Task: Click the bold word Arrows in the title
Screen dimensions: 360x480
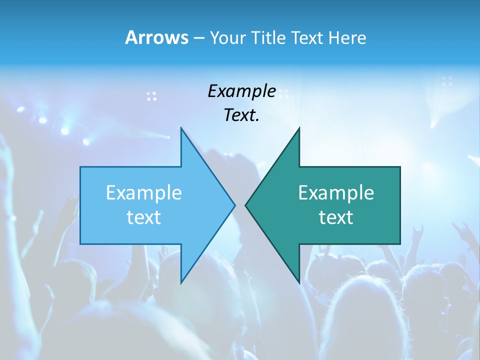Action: pos(156,37)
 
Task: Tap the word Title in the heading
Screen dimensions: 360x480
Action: pos(268,37)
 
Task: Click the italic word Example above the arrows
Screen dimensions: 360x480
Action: pos(241,91)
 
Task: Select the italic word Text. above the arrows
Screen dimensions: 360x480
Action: pos(241,115)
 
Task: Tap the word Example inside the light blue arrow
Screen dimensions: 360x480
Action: pos(143,192)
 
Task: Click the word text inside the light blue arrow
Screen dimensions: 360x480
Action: pos(143,217)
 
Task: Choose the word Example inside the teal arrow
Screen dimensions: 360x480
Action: pos(336,192)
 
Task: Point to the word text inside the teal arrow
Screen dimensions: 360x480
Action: pos(336,217)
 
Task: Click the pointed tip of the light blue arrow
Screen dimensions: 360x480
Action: pos(234,205)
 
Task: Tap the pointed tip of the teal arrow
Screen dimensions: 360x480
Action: pos(246,205)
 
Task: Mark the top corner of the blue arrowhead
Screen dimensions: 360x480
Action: pos(181,128)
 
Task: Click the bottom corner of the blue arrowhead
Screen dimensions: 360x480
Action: pos(181,282)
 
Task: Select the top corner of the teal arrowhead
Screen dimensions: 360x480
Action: pos(299,128)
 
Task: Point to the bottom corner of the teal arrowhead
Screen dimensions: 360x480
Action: pos(299,282)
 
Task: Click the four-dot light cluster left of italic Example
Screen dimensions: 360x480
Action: pos(151,96)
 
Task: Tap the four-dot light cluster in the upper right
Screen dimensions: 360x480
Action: pos(447,81)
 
